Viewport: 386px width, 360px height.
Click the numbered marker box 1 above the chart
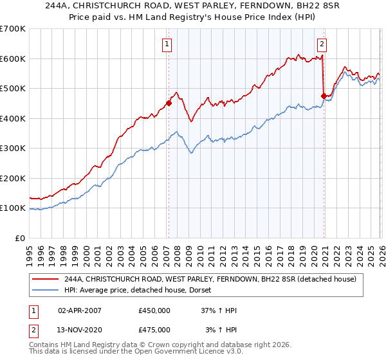point(167,44)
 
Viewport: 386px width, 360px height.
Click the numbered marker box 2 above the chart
point(322,44)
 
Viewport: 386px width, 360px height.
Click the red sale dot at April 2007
point(169,103)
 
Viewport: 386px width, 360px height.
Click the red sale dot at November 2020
point(324,96)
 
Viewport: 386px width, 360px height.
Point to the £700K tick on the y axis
point(13,29)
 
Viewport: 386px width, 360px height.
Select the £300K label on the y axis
point(13,148)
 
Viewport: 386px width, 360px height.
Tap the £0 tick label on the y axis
point(21,238)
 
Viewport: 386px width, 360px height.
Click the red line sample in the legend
point(46,279)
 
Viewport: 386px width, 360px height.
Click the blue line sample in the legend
point(46,291)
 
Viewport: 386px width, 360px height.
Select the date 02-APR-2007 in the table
point(80,310)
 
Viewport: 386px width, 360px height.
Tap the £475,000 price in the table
point(154,330)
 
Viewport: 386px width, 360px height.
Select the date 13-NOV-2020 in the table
point(80,330)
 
